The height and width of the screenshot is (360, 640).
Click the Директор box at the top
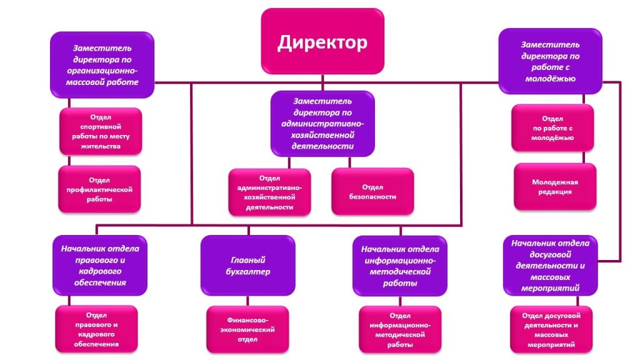[322, 41]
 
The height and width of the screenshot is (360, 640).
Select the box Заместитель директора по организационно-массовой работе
[103, 65]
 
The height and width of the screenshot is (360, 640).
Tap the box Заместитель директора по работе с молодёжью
[550, 62]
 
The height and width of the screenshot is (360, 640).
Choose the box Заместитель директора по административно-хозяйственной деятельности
[322, 123]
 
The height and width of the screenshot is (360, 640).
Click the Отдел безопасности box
[372, 192]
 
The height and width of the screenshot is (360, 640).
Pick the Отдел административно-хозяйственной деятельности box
[269, 192]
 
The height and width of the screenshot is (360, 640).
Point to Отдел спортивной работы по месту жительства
[101, 132]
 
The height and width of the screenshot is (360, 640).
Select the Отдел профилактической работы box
[99, 189]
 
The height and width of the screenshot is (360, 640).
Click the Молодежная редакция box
[555, 187]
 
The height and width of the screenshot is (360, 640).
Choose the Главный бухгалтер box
[247, 266]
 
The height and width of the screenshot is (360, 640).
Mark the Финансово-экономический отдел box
[247, 329]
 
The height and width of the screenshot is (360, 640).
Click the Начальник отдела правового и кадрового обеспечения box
[100, 265]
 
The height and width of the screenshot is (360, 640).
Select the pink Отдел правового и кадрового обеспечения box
[96, 329]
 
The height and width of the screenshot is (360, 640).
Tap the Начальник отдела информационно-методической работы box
[400, 266]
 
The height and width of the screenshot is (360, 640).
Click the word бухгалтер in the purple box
[248, 272]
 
